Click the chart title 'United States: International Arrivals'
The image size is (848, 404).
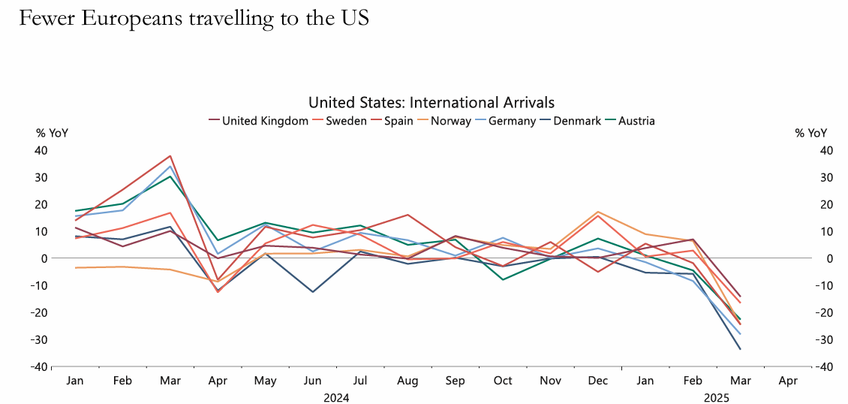click(432, 102)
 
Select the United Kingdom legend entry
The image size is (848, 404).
click(265, 121)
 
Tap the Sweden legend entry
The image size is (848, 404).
click(346, 121)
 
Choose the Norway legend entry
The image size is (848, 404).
click(450, 121)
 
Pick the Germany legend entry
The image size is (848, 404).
click(512, 121)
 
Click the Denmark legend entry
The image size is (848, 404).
click(577, 121)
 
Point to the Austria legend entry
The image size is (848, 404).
click(636, 121)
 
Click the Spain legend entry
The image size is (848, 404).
click(398, 121)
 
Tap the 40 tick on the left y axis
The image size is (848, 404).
click(40, 150)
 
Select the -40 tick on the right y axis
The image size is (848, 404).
click(823, 366)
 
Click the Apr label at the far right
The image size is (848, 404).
click(787, 381)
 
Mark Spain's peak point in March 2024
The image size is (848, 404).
click(171, 156)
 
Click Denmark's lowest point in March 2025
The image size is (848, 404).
click(740, 348)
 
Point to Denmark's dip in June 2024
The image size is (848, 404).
click(313, 291)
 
